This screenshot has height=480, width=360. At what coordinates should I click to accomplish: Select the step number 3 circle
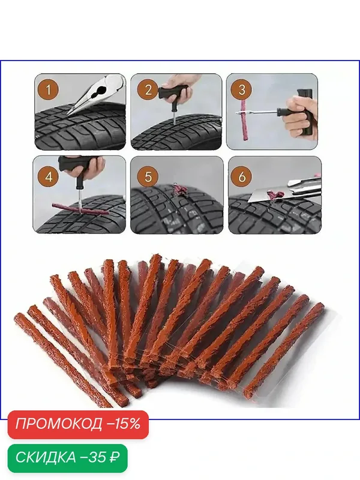coord(242,89)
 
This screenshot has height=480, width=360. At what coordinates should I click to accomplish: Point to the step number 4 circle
coord(49,176)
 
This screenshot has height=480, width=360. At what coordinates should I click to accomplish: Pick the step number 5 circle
coord(148,176)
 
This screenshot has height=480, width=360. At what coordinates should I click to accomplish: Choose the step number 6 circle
coord(242,176)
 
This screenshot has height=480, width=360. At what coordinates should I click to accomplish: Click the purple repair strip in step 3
coord(244,119)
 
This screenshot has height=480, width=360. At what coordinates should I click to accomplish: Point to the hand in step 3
coord(298,118)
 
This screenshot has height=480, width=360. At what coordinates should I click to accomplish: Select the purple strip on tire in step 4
coord(80,209)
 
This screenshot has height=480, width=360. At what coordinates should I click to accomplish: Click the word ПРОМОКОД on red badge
coord(59,424)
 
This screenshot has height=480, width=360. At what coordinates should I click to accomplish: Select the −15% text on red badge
coord(124,424)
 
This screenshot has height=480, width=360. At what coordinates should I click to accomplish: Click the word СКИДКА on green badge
coord(46,457)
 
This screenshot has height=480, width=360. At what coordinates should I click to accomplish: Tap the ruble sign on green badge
coord(114,457)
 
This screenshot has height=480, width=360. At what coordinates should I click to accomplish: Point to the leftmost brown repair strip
coord(63,360)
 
